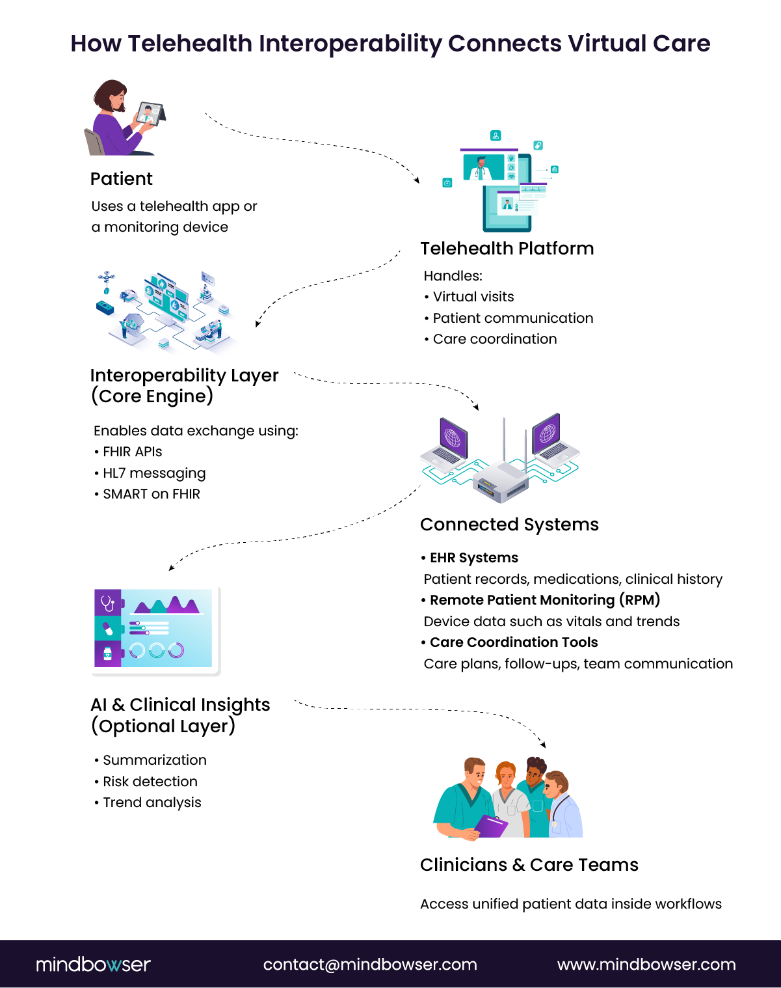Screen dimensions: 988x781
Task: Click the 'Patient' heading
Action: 121,179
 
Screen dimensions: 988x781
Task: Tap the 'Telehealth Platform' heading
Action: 507,249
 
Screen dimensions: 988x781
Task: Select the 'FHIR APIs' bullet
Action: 132,452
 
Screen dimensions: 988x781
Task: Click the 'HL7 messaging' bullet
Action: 154,473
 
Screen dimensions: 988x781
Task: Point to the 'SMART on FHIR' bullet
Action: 152,494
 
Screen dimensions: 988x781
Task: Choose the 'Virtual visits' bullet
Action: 473,297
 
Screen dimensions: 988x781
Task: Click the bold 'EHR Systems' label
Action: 473,558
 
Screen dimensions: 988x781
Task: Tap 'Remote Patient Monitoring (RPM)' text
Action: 544,600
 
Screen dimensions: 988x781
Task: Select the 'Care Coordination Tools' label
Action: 514,642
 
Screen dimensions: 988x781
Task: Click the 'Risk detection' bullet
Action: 150,782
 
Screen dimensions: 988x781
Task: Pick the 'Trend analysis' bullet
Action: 152,803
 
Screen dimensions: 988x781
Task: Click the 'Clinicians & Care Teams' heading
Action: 529,865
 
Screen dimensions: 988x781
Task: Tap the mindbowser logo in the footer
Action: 93,964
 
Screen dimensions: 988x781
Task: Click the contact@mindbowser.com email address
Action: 370,965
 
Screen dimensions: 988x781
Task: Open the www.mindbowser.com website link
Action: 646,965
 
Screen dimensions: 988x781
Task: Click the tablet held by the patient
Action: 150,114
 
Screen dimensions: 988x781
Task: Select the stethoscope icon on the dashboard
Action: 108,603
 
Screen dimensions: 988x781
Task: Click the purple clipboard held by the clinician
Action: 491,825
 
